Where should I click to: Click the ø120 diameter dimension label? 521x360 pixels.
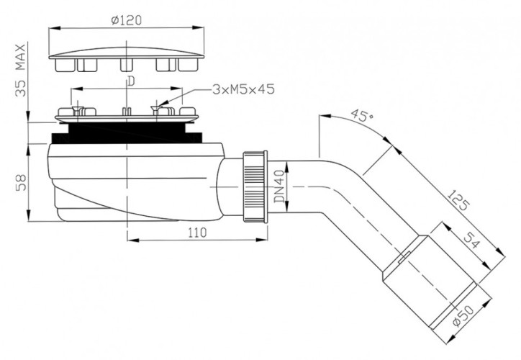click(127, 20)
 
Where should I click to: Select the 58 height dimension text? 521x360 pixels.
click(21, 181)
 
